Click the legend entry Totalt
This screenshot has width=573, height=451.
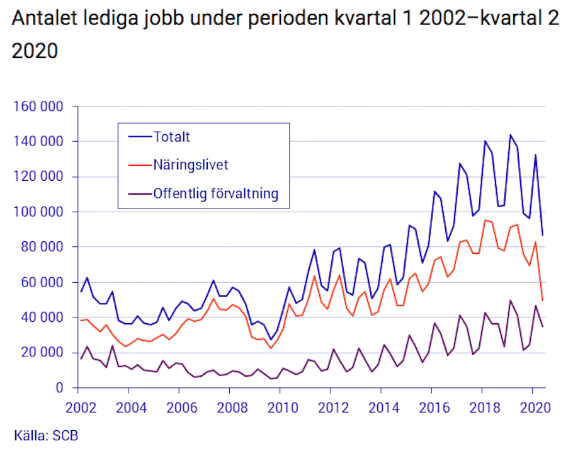172,136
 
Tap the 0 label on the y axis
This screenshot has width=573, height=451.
59,388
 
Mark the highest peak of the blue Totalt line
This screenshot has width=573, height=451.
510,135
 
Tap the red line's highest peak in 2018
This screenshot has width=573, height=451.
485,220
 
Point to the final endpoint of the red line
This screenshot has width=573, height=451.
542,300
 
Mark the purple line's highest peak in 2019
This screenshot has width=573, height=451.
510,300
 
